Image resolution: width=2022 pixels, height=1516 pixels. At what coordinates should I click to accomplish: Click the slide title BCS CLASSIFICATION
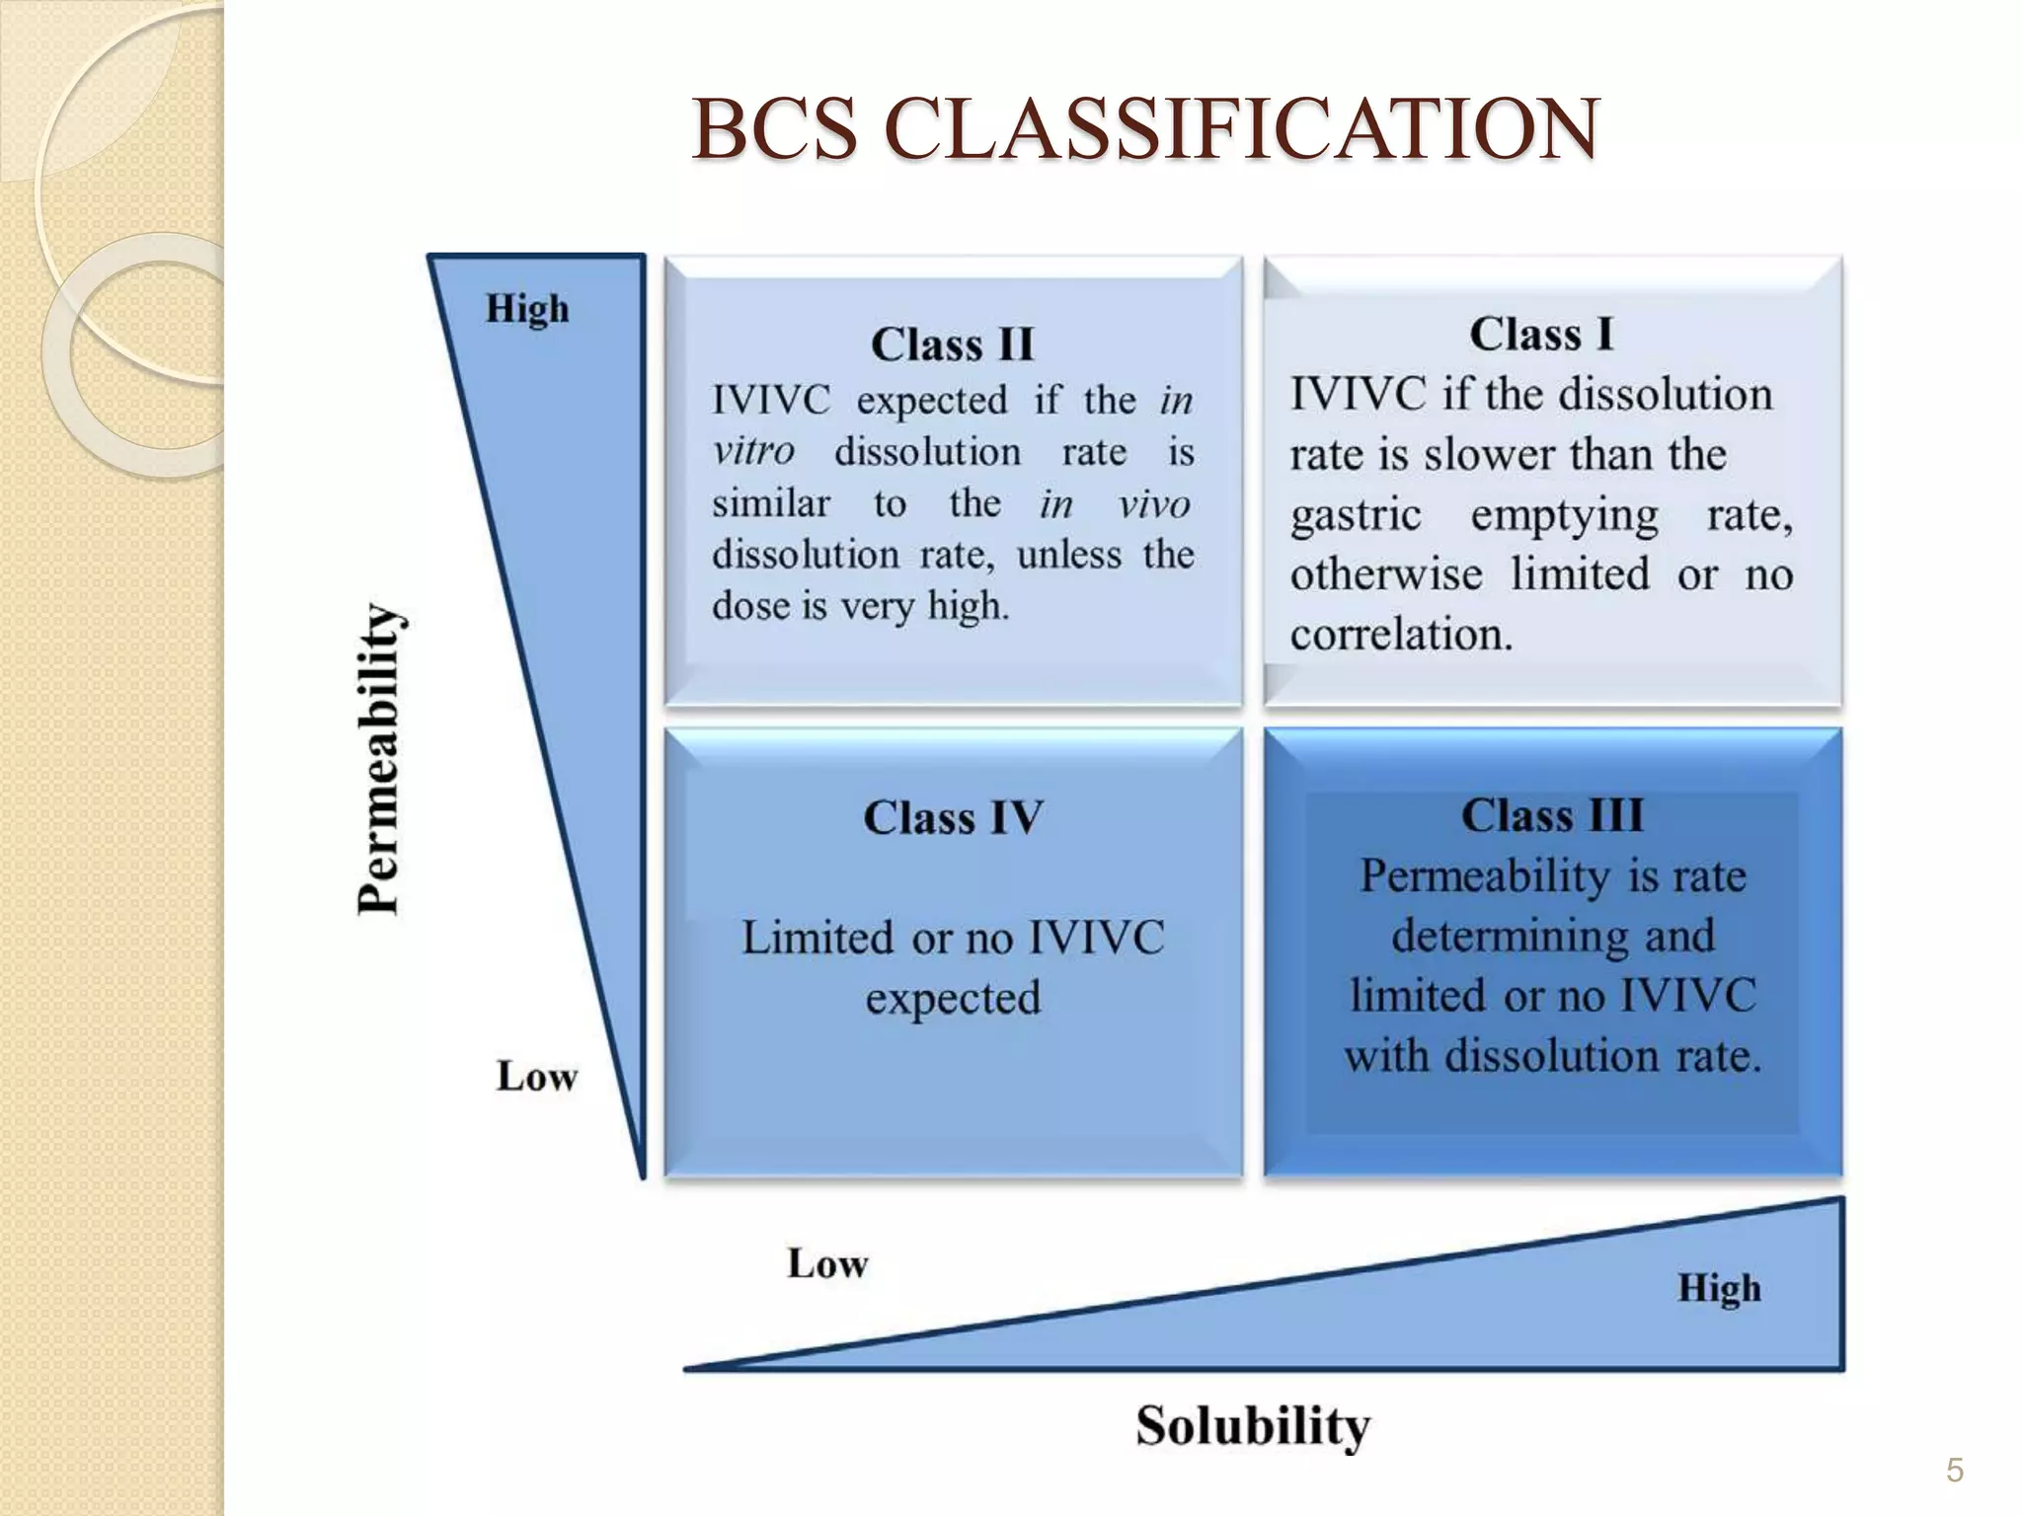1144,129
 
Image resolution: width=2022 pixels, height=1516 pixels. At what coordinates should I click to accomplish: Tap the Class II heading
952,344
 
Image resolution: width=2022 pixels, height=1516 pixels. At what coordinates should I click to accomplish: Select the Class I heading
1541,334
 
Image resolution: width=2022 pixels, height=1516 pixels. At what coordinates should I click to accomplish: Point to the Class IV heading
953,817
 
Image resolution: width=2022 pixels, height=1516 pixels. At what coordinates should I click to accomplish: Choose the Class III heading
1552,815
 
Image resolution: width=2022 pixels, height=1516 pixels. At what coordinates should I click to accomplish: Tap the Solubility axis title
1253,1426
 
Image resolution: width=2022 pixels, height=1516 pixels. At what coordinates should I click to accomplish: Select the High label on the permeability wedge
527,309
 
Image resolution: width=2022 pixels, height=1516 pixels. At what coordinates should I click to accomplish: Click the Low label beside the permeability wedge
536,1076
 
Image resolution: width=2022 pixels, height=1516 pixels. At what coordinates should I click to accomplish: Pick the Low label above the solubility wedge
827,1263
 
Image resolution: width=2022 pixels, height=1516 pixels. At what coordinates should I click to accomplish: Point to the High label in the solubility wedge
1719,1288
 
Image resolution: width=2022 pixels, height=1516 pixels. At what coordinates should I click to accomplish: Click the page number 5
1954,1471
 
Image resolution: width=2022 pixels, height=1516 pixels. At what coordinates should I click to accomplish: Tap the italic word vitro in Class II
753,452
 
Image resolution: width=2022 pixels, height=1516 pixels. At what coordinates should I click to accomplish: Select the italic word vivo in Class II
1154,504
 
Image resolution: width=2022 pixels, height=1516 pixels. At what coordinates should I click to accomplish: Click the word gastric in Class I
1356,515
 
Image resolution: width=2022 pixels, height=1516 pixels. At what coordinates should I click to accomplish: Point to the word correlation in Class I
1401,635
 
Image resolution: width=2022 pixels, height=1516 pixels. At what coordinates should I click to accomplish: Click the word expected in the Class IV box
953,998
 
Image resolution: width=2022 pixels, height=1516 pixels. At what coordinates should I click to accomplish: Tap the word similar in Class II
771,503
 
